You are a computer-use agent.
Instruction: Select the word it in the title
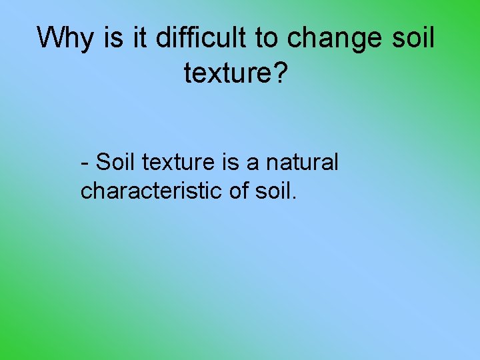[x=140, y=39]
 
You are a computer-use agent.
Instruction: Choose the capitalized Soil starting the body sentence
[x=116, y=162]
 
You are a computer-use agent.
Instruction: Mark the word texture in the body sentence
[x=175, y=162]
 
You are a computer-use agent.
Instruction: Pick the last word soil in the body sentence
[x=273, y=191]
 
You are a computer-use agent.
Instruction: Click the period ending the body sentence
[x=294, y=198]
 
